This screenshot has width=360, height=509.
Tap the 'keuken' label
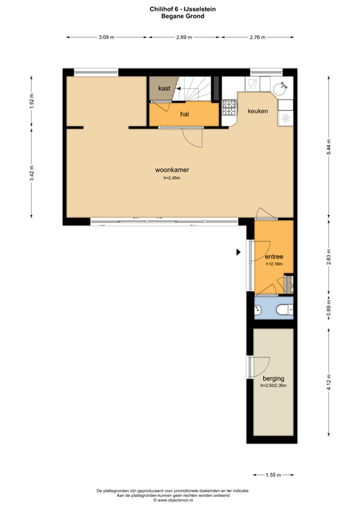coord(258,111)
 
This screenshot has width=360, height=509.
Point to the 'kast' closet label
coord(164,88)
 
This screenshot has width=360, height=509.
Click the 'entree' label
coord(274,256)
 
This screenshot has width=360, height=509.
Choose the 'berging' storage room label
coord(273,378)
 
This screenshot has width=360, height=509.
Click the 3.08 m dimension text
coord(105,38)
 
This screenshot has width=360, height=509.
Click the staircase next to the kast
coord(196,89)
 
